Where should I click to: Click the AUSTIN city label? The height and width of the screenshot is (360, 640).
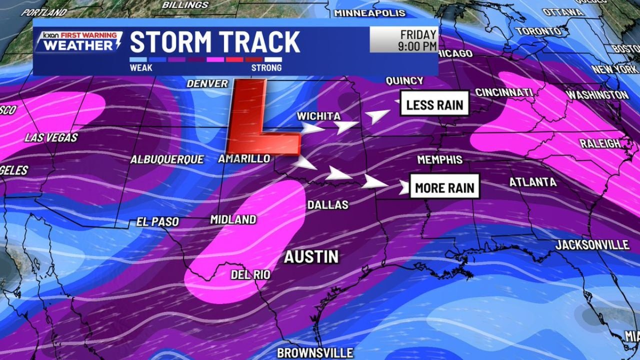(311, 257)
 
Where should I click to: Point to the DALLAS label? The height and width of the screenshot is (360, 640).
(327, 204)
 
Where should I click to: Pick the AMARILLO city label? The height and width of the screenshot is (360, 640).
(244, 158)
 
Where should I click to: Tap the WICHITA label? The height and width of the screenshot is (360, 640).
(318, 116)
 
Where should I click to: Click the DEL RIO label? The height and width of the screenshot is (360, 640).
(250, 274)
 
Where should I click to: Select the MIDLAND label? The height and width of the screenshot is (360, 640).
(233, 219)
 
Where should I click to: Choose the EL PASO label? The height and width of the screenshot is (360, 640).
(157, 221)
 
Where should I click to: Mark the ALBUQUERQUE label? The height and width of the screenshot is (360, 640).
(167, 159)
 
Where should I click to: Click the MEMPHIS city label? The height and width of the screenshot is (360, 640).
(440, 159)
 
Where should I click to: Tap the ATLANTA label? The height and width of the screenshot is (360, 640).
(532, 182)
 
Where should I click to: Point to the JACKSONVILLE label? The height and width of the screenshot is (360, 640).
(592, 244)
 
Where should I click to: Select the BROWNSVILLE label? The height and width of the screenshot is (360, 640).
(315, 352)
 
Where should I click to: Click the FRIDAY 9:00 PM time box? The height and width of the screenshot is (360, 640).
(404, 40)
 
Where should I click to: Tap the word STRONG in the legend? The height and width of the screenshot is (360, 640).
(266, 67)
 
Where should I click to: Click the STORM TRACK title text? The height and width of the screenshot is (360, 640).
(215, 42)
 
